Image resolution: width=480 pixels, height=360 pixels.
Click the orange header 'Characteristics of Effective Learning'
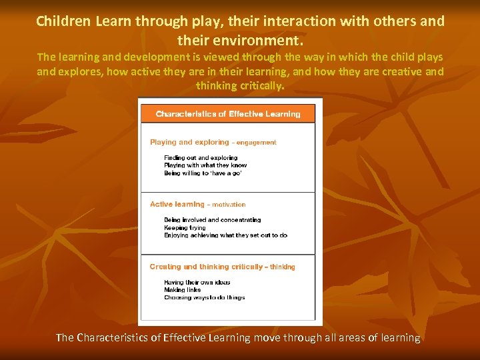(x=228, y=114)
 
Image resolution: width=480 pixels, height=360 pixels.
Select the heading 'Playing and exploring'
(x=189, y=142)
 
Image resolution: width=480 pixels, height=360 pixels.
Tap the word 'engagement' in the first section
(x=256, y=143)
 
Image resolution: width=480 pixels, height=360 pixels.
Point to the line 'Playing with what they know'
(x=205, y=165)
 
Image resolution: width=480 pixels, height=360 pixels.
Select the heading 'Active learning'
(x=177, y=205)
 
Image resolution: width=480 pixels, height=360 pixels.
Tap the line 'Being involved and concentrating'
(x=213, y=220)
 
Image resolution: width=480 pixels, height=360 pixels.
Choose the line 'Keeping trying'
(x=185, y=227)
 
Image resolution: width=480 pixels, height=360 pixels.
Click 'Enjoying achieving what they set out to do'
(x=225, y=235)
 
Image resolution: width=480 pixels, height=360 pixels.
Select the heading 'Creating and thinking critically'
(x=206, y=267)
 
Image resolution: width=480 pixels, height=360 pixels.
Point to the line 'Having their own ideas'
(x=197, y=283)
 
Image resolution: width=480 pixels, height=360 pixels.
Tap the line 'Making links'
(x=182, y=290)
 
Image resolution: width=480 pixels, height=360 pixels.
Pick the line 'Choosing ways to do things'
(x=205, y=297)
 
